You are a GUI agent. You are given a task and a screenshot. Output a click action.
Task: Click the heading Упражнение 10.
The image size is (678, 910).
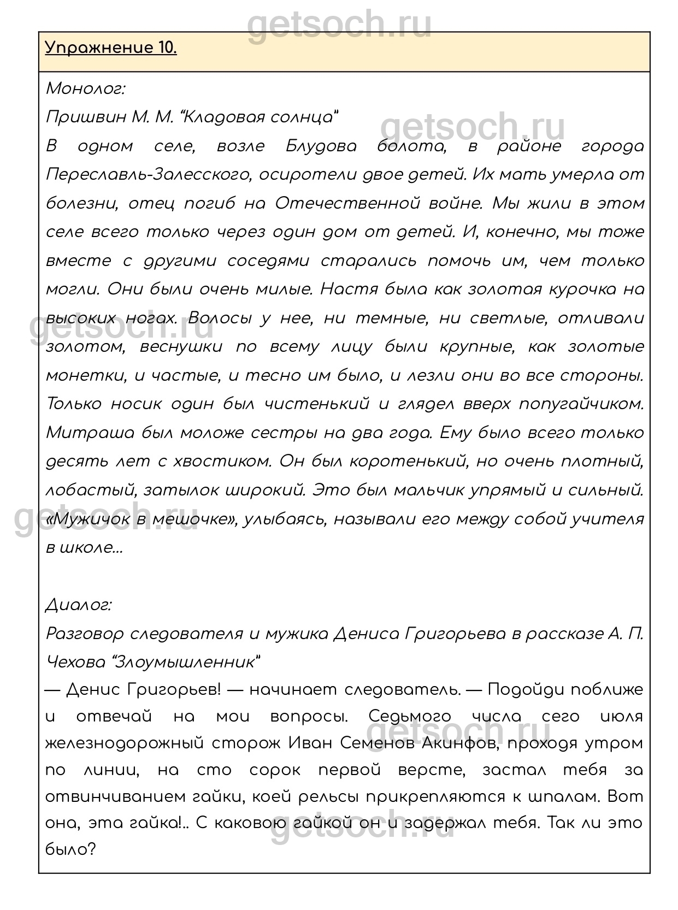tap(111, 49)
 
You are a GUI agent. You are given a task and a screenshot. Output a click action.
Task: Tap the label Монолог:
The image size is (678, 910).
tap(86, 88)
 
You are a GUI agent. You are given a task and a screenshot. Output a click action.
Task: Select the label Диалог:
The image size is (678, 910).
tap(79, 605)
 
